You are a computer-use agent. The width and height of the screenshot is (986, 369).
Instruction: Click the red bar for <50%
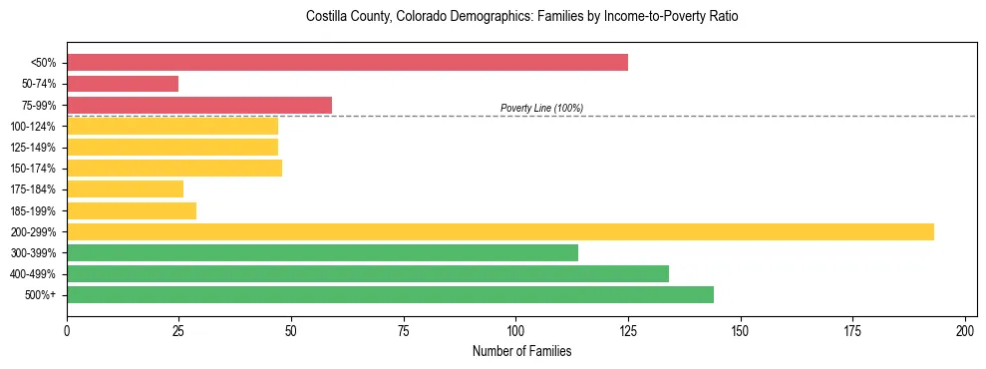(347, 63)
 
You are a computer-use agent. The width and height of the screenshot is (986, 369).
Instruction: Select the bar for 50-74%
(123, 84)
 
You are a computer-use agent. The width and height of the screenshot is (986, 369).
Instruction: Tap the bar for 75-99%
(199, 105)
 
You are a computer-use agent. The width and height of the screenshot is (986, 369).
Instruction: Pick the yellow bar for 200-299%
(500, 231)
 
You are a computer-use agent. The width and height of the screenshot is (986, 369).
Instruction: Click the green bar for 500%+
(390, 294)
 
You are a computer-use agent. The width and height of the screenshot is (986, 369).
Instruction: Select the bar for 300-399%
(322, 252)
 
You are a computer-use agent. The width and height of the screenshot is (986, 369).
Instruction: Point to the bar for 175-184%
(125, 189)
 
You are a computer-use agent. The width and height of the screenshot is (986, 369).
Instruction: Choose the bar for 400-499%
(368, 273)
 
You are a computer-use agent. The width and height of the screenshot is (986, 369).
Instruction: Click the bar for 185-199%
(132, 210)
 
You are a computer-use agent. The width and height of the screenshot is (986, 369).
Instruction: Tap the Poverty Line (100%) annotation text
(541, 108)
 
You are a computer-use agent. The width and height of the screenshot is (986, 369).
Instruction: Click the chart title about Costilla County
(522, 17)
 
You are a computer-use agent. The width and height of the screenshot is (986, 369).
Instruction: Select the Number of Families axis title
(521, 351)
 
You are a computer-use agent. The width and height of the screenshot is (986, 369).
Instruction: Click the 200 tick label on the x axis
(965, 330)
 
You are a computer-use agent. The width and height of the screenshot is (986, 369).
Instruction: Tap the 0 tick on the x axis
(67, 330)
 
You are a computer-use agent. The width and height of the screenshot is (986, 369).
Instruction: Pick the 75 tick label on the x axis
(404, 330)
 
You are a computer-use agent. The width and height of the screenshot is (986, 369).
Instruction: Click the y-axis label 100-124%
(33, 127)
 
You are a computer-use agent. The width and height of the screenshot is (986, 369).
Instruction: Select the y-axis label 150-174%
(33, 169)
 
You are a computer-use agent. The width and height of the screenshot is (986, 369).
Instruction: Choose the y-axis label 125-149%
(33, 148)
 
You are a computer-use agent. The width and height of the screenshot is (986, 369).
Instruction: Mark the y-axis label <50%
(43, 63)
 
